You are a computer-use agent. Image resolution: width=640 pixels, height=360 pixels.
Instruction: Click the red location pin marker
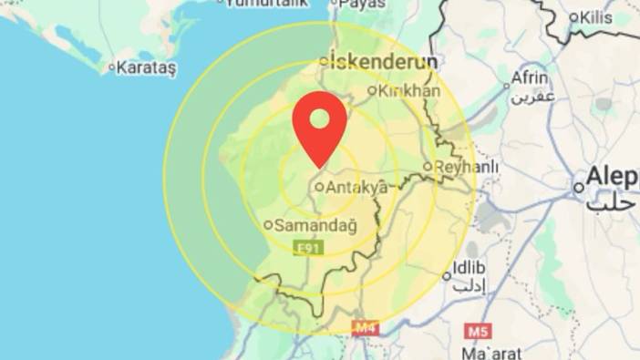tap(319, 129)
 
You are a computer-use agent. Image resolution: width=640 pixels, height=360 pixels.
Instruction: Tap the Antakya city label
tap(356, 187)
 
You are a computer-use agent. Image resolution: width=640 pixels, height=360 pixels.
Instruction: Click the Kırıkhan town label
tap(408, 90)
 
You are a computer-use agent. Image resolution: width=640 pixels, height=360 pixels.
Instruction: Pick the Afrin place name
tap(529, 77)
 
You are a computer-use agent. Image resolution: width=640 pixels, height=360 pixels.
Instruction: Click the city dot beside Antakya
tap(319, 187)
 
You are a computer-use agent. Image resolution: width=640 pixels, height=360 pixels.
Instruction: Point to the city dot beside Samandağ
tap(268, 224)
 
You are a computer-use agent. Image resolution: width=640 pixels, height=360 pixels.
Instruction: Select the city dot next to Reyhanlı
tap(428, 167)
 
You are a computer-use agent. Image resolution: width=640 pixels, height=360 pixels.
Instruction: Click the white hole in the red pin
tap(319, 118)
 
